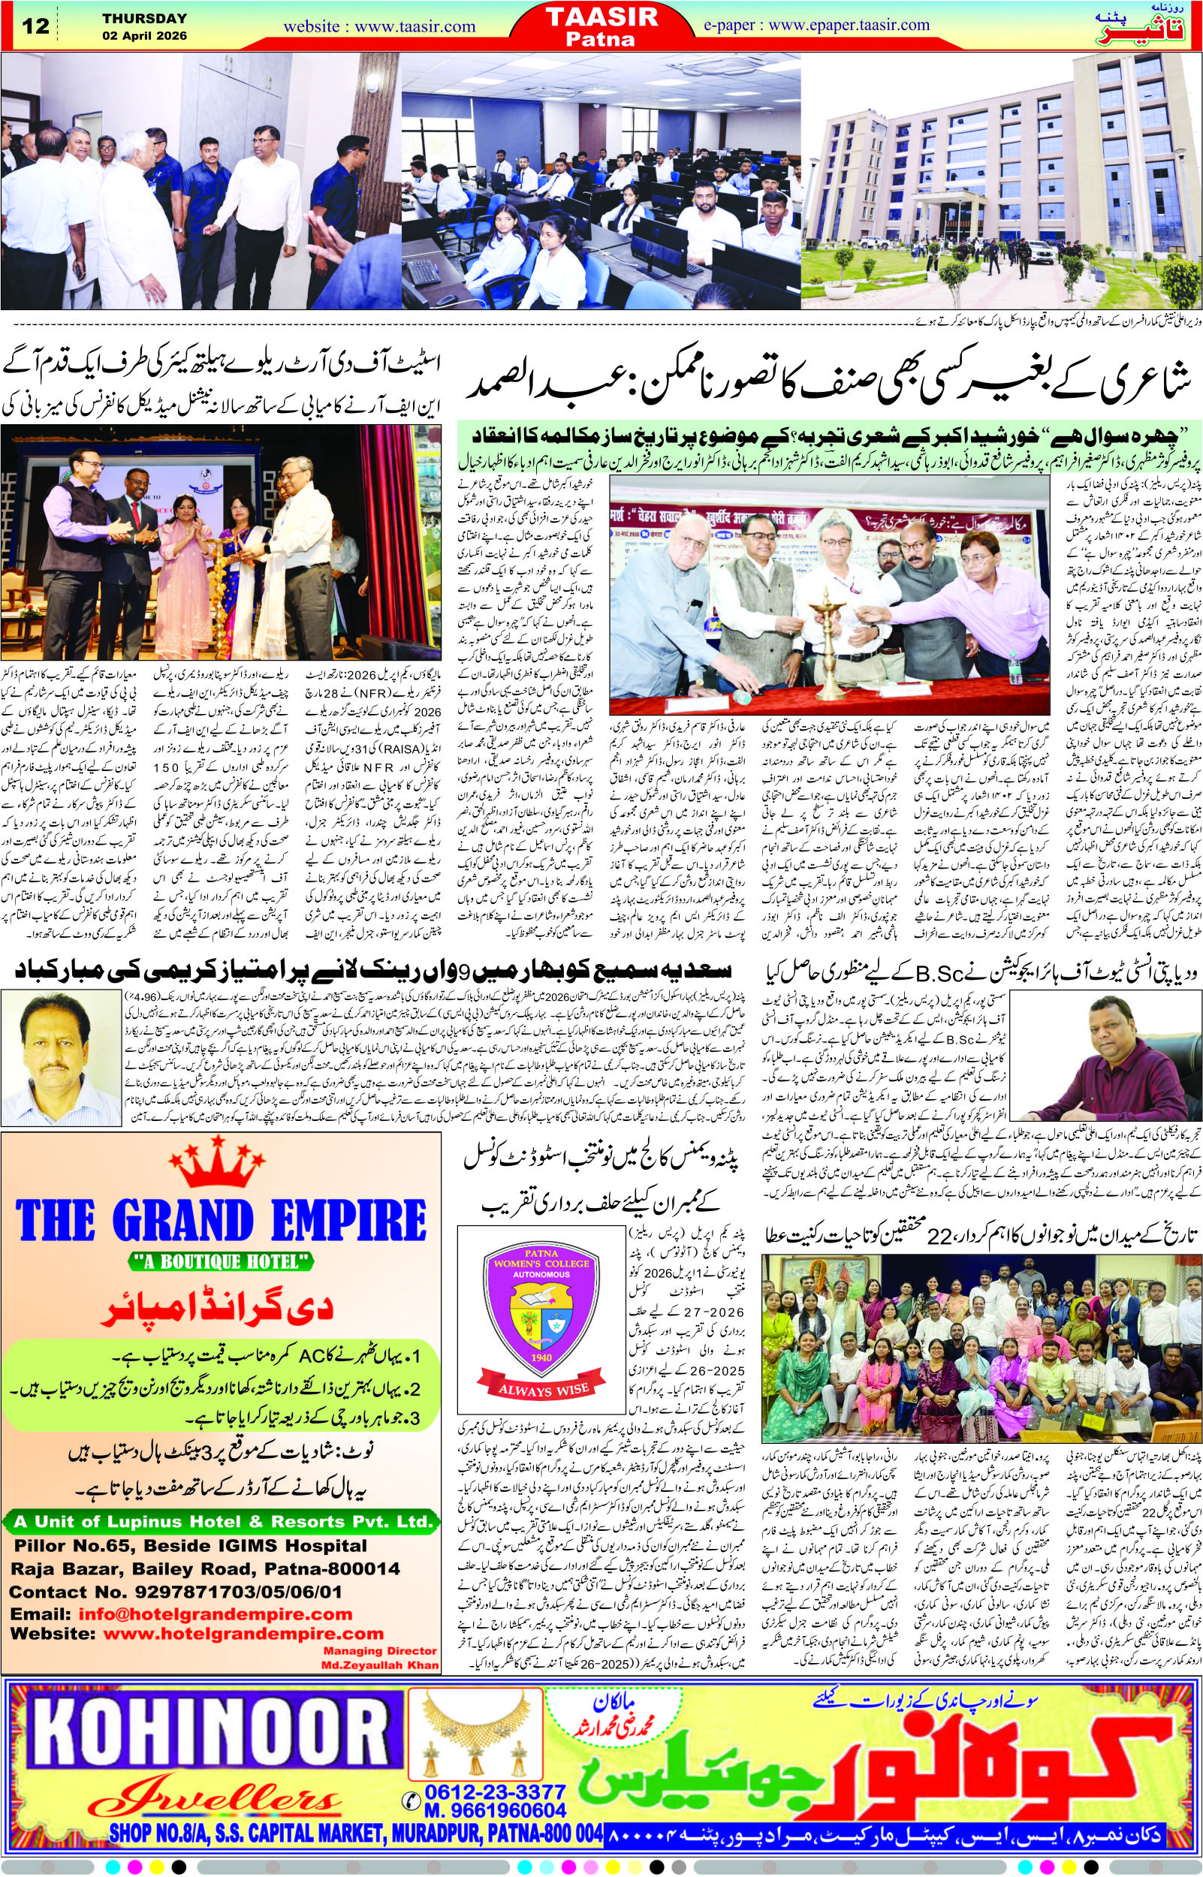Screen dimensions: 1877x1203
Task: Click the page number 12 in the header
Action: pos(36,26)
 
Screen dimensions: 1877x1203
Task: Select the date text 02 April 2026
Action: pos(145,35)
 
